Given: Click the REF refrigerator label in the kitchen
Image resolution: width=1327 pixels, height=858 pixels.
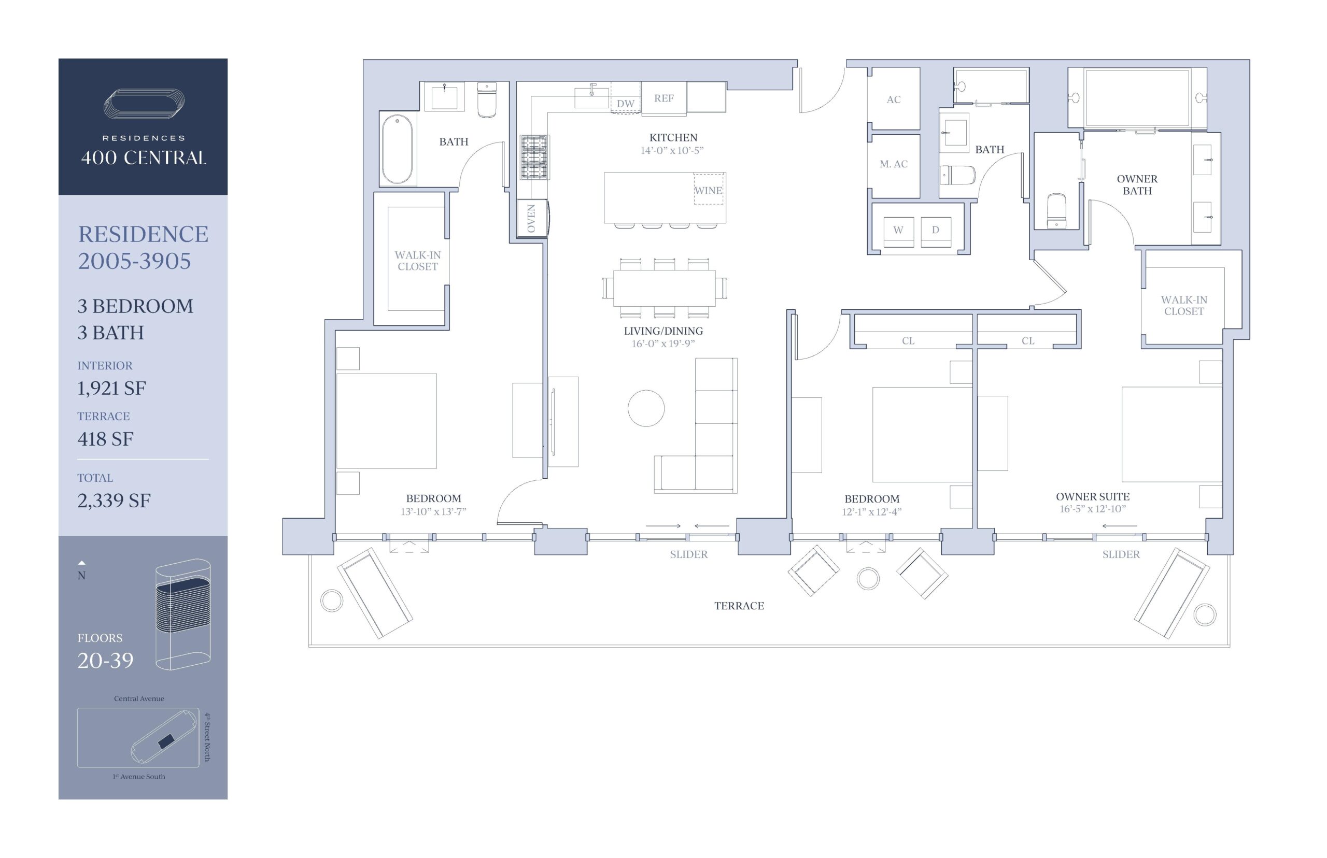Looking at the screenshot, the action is [664, 98].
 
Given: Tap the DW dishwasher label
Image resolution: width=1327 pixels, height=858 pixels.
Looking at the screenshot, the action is [625, 104].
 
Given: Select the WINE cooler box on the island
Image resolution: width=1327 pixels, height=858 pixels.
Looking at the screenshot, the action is [709, 190].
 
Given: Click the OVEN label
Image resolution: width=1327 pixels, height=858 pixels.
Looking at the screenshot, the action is [531, 219].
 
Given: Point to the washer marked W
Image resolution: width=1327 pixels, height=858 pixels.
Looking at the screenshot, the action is [898, 232].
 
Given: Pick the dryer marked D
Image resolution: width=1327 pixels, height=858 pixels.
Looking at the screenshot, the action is [936, 232].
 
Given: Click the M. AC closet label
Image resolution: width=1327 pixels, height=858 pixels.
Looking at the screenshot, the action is [894, 164].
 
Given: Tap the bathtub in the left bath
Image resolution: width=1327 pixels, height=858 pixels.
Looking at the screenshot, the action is [398, 149].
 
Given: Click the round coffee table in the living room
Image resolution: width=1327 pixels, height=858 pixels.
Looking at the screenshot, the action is [646, 408].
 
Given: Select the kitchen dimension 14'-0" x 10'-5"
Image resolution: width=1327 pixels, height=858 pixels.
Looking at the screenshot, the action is [672, 150].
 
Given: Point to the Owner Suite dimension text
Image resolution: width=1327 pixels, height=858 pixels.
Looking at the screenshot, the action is [1092, 509].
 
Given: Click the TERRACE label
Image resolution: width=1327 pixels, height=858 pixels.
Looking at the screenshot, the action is [739, 606].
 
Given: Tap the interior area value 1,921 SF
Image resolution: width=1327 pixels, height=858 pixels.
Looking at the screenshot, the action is [111, 389].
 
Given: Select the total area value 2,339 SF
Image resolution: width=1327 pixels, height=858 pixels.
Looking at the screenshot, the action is [114, 500].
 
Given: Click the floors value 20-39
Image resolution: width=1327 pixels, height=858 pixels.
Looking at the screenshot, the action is [105, 661].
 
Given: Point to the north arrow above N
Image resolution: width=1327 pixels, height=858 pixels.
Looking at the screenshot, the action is [81, 563].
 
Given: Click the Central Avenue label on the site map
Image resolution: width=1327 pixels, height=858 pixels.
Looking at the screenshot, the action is [139, 698].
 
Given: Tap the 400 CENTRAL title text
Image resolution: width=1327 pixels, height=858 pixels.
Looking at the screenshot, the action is [144, 158].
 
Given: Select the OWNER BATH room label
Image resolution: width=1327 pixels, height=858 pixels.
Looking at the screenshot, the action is [1137, 184].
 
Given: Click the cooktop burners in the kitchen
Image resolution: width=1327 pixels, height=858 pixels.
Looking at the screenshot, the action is [534, 157].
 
